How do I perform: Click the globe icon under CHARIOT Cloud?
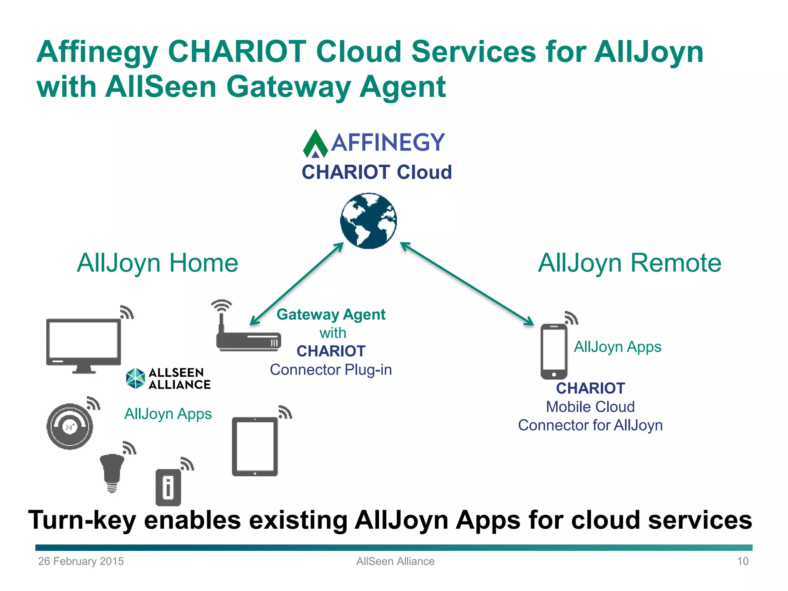[368, 221]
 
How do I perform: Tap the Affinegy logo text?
[387, 143]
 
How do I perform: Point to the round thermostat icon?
[70, 426]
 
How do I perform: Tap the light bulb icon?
[112, 471]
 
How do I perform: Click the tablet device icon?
[255, 446]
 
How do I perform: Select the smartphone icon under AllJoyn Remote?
[554, 351]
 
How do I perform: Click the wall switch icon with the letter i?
[168, 487]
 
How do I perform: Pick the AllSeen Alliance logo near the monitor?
[169, 379]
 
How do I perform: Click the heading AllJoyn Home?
[157, 263]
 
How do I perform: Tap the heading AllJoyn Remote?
[629, 263]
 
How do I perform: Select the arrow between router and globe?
[297, 284]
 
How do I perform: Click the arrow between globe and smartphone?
[467, 284]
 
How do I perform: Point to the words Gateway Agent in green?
[331, 314]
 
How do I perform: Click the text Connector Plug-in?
[331, 370]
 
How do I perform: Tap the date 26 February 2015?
[81, 561]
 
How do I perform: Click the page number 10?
[743, 561]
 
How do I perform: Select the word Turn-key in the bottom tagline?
[82, 520]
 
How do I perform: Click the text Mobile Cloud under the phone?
[590, 407]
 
